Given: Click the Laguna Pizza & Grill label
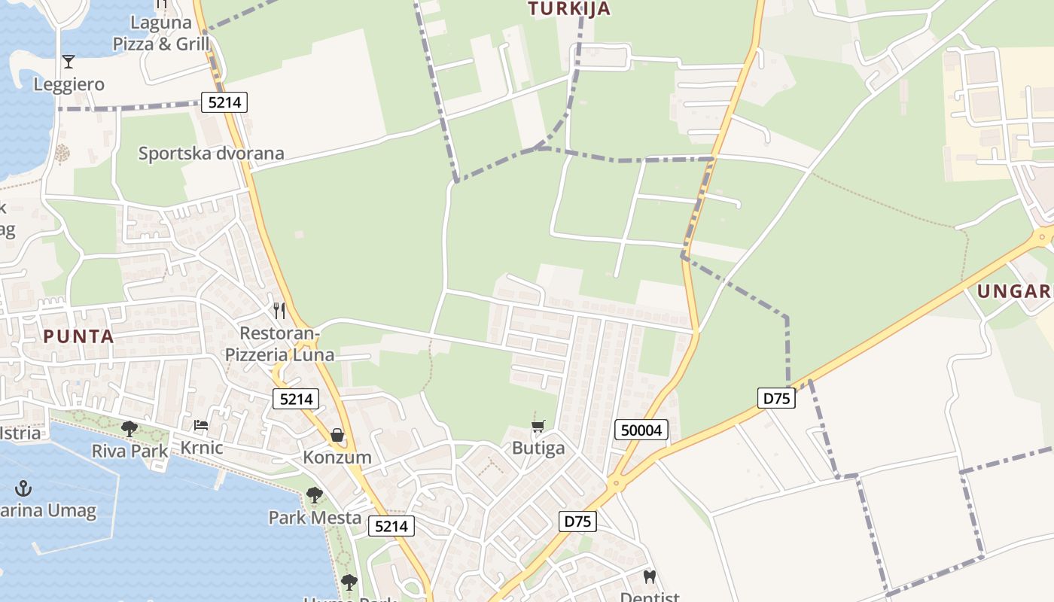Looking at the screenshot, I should [x=161, y=34].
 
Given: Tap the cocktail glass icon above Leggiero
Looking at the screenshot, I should [x=69, y=61].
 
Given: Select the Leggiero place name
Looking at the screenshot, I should [x=69, y=84].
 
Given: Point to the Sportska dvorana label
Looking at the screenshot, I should [x=212, y=154].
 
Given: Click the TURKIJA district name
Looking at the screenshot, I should [x=568, y=9].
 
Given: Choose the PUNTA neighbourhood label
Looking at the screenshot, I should [x=79, y=336].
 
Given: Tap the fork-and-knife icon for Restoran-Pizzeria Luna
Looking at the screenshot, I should [x=279, y=310].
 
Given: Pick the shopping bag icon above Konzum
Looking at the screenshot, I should [x=337, y=435].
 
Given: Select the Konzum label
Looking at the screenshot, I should [x=337, y=457].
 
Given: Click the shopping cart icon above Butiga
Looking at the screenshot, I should [x=538, y=427].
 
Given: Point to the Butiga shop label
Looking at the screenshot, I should [x=538, y=448].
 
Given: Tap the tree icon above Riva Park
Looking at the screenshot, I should [x=129, y=429].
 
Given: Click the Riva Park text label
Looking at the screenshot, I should [x=129, y=451].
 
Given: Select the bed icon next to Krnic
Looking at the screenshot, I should [x=201, y=425].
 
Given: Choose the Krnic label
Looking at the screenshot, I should [x=201, y=448].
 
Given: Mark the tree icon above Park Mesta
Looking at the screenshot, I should [x=315, y=495].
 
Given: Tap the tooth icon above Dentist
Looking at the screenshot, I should [x=650, y=577].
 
